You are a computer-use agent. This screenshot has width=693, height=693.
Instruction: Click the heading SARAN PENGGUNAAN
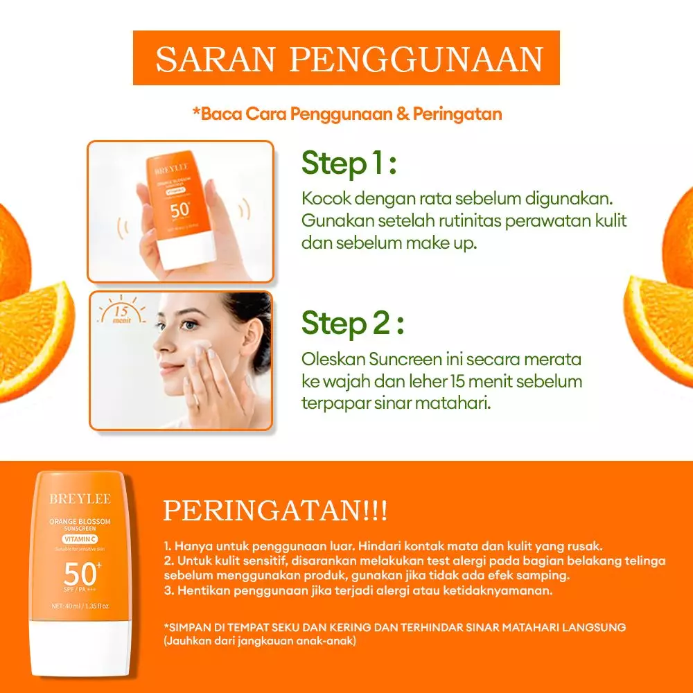click(349, 60)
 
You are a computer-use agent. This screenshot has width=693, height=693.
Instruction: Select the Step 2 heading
click(352, 324)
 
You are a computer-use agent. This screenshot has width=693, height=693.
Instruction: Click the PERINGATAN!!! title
click(275, 511)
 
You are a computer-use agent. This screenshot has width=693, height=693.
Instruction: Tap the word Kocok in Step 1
click(324, 199)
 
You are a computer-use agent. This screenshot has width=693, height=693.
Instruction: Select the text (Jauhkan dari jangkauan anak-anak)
click(260, 642)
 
